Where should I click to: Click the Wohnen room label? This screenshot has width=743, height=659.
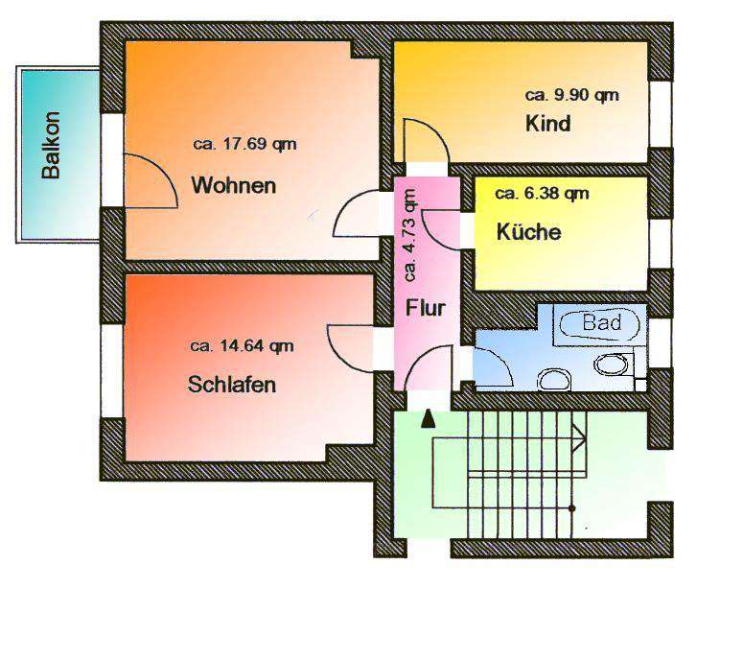pos(234,185)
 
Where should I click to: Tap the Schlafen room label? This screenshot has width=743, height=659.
pos(232,386)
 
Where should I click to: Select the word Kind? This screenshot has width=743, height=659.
pos(547,124)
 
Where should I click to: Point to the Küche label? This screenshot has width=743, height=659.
pos(528,232)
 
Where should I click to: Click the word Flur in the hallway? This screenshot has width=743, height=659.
pos(424,309)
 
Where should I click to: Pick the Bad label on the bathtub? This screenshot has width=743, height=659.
pos(601,322)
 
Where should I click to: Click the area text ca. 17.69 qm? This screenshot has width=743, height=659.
pos(244,146)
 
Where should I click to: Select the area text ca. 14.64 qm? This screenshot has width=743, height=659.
pos(242,346)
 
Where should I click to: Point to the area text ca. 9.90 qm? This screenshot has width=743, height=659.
pos(571,95)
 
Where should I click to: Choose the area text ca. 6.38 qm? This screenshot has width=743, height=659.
pos(542,194)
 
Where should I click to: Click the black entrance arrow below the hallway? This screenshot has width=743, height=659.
pos(428,417)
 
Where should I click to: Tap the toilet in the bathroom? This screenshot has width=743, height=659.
pos(610,365)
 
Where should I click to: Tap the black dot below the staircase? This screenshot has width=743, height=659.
pos(572,507)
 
